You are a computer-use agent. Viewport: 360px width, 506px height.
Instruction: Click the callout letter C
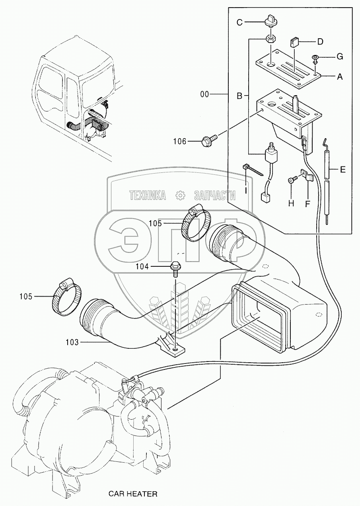point(239,22)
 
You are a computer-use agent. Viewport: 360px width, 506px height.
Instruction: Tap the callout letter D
point(320,41)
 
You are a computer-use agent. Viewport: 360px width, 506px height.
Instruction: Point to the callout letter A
point(339,77)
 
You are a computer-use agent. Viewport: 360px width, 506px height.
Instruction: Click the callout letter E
point(342,170)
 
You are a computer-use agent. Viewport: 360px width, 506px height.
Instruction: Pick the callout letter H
point(291,203)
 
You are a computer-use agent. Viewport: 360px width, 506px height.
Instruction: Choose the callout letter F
point(307,203)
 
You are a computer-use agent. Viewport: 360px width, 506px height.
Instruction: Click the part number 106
point(180,141)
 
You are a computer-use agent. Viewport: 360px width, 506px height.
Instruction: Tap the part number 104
point(142,267)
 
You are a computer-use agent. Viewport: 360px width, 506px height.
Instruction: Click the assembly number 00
point(205,94)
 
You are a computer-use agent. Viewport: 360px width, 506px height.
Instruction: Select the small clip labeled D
point(294,42)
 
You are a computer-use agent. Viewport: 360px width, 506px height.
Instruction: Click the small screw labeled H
point(292,180)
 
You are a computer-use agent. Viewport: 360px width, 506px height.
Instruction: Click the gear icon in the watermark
point(180,195)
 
